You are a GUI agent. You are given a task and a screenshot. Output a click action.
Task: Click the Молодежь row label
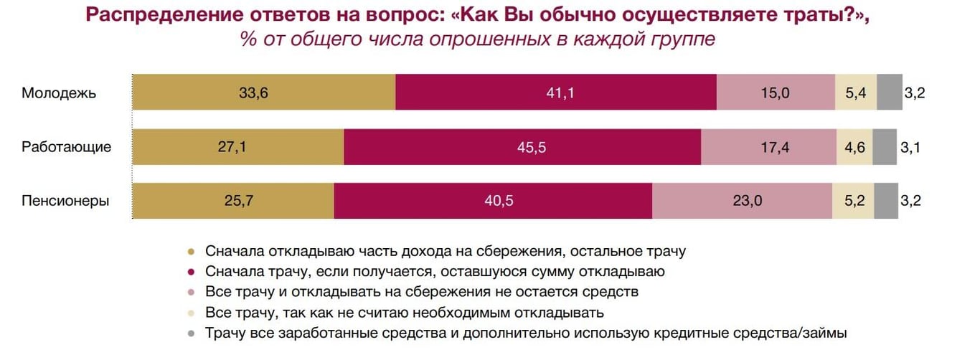(x=59, y=93)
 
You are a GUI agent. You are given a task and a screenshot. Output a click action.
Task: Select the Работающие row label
(x=66, y=147)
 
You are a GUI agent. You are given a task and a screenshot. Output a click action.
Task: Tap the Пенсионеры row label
(x=65, y=202)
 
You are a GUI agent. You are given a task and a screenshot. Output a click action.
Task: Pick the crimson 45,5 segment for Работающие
(x=522, y=147)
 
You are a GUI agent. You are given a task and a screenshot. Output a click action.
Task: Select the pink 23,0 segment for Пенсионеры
(x=742, y=202)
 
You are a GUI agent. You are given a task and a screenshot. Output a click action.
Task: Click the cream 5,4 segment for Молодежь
(x=856, y=93)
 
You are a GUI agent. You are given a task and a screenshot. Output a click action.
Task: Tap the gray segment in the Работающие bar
(x=885, y=147)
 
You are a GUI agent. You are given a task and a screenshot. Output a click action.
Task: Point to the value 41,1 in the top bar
(x=555, y=93)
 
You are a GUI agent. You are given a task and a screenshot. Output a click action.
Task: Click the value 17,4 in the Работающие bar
(x=768, y=147)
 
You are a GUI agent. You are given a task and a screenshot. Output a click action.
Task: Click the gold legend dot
(x=191, y=252)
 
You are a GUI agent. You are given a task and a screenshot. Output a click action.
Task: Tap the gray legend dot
(x=191, y=333)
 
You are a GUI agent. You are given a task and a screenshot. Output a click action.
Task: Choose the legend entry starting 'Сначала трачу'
(x=435, y=272)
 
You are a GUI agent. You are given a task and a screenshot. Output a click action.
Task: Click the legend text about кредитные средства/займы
(x=526, y=333)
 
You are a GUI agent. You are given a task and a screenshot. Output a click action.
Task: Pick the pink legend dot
(x=191, y=293)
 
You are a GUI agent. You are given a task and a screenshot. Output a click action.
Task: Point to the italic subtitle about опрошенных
(x=478, y=39)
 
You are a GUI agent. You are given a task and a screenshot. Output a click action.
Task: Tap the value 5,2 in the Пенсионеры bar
(x=852, y=202)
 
